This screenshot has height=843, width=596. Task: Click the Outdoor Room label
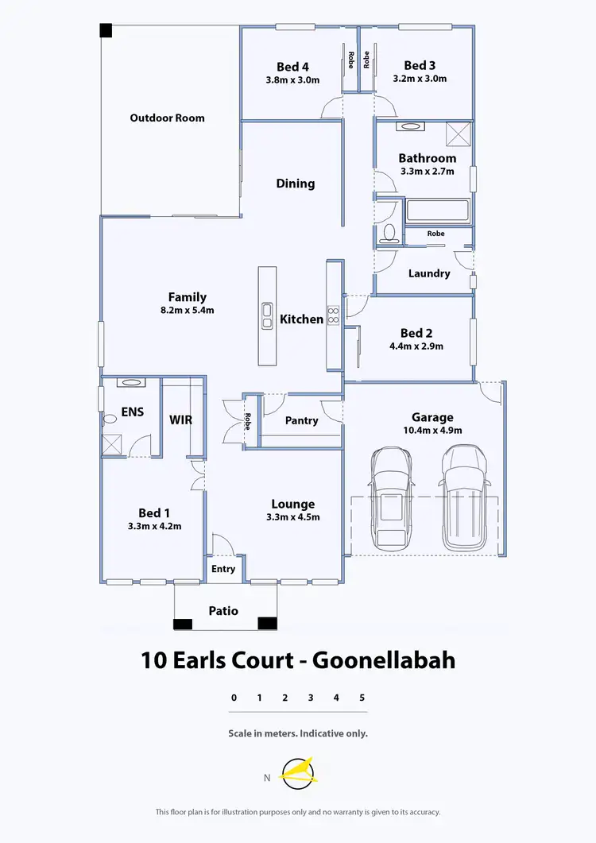pos(167,118)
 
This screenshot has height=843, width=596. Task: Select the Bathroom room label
pos(428,158)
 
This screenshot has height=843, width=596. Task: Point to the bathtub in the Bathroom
pos(437,211)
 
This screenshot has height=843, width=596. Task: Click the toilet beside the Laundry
pos(389,232)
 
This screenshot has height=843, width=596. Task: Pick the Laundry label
pos(429,273)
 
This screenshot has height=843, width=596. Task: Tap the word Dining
pos(296,184)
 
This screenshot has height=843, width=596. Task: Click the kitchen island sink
pos(268,315)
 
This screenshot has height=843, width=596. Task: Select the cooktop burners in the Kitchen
pos(335,315)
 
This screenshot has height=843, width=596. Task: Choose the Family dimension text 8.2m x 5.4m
pos(188,311)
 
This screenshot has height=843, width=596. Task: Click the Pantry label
pos(301,420)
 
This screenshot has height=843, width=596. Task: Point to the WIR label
pos(181,420)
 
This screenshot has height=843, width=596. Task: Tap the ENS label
pos(132,412)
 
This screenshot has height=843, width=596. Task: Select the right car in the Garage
pos(464,497)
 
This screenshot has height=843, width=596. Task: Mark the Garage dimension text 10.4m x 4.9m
pos(432,430)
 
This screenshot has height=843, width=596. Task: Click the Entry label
pos(223,568)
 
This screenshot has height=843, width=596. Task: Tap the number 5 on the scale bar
pos(362,698)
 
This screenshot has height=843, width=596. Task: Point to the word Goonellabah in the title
pos(384,659)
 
